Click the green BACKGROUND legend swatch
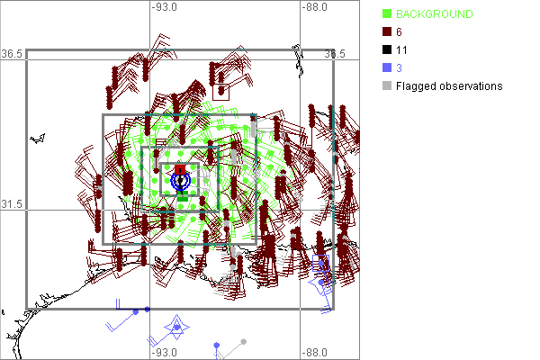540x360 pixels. (387, 13)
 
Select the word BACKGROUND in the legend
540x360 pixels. (435, 14)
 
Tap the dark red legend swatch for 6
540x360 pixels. (387, 31)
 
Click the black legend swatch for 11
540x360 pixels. (387, 49)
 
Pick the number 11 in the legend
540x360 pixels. (401, 50)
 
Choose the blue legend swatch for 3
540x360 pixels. (387, 67)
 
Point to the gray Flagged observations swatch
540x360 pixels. (387, 85)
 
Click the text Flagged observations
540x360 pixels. (449, 86)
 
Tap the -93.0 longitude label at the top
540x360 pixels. (165, 7)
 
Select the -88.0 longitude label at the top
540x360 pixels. (315, 7)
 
